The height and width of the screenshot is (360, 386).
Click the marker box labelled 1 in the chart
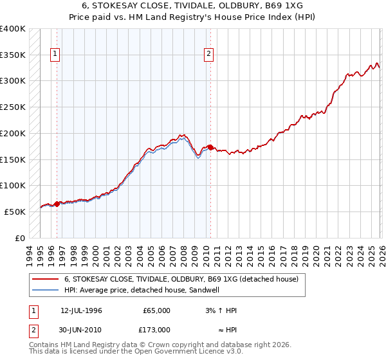[56, 55]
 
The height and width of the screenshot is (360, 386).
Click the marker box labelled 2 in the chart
[210, 55]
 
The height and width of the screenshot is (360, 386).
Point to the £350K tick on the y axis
[13, 55]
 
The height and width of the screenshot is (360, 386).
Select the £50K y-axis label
[15, 212]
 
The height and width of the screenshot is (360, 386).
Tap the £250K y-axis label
[13, 107]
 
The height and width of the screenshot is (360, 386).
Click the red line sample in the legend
[45, 280]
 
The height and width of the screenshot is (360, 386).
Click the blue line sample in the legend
[45, 291]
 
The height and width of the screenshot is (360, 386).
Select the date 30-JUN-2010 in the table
[81, 330]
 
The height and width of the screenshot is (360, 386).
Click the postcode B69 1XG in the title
[282, 4]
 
